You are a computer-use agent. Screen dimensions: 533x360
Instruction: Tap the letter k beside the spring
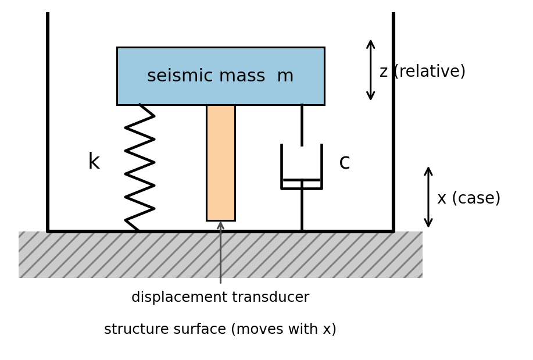coord(94,161)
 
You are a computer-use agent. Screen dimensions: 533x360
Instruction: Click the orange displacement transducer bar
coord(221,163)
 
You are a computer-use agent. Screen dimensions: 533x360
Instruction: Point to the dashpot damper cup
coord(282,167)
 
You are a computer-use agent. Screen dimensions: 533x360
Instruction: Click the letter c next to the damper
coord(344,162)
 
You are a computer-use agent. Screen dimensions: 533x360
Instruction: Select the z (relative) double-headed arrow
coord(370,70)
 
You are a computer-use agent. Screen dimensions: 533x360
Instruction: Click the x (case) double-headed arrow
coord(428,197)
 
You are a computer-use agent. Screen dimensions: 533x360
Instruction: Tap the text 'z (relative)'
coord(422,72)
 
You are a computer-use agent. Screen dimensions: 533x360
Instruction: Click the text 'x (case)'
coord(468,198)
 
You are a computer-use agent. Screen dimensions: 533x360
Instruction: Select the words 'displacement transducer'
coord(220,297)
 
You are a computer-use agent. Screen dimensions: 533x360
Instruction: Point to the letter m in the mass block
coord(285,76)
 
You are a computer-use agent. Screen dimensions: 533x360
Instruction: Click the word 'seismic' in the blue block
coord(177,76)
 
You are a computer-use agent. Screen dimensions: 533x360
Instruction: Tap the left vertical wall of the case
coord(48,122)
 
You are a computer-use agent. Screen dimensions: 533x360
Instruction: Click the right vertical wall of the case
coord(394,122)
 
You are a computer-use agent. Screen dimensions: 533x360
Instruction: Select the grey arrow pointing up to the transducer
coord(221,252)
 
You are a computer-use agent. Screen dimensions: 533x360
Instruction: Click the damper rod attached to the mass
coord(302,125)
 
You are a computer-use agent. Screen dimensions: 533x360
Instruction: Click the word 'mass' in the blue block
coord(242,76)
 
